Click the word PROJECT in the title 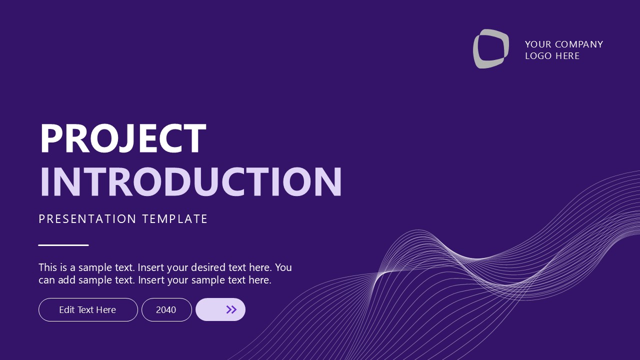tap(122, 138)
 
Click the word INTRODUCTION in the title tap(190, 181)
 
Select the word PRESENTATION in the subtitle tap(87, 219)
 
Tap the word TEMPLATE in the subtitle tap(175, 219)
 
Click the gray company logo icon tap(491, 48)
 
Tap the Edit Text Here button tap(88, 310)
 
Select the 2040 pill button tap(166, 310)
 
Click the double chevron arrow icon tap(231, 309)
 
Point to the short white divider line tap(63, 245)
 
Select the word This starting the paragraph tap(48, 267)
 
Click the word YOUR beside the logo tap(537, 44)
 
